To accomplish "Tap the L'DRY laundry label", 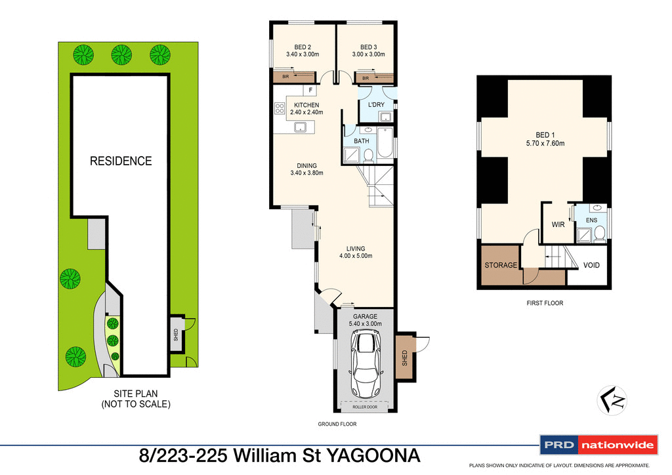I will (376, 105).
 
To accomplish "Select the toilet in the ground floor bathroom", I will (369, 155).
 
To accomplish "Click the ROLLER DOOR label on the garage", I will (364, 407).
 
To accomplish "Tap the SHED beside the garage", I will (404, 358).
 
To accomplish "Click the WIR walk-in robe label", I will (558, 224).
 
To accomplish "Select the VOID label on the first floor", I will (591, 266).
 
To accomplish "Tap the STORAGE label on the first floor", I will (501, 266).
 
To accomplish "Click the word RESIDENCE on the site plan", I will (121, 161).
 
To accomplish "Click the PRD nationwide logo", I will (598, 445).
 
